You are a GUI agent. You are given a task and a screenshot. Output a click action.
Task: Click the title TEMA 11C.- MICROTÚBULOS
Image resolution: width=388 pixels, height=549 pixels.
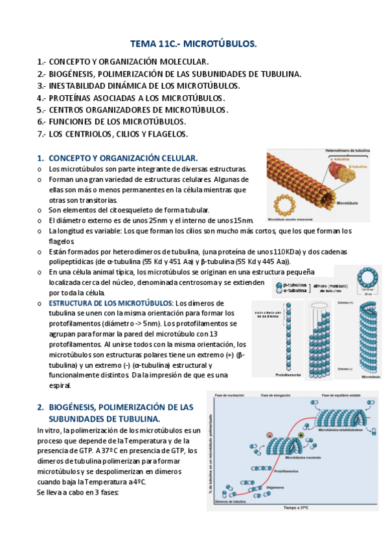click(194, 44)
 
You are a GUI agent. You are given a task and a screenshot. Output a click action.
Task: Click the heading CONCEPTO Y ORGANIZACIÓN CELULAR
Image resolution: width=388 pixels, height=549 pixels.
click(123, 158)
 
